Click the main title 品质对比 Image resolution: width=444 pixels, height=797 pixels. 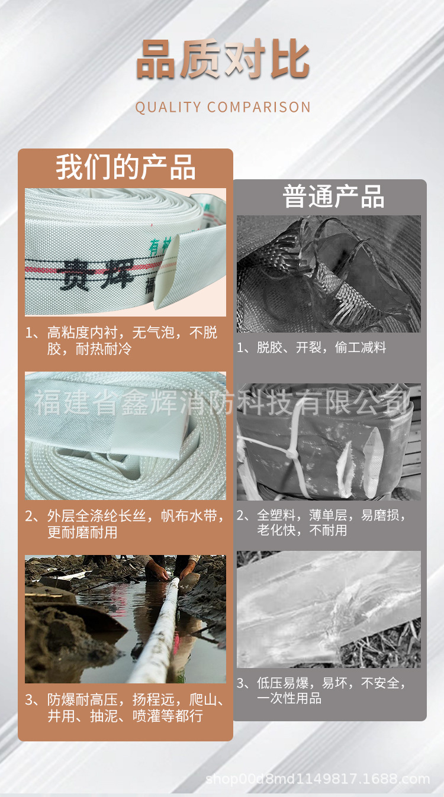pos(223,60)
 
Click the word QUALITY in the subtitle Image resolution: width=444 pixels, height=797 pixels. pos(168,107)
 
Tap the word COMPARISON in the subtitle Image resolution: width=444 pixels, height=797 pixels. pos(259,107)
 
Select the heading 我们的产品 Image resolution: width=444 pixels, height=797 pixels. pos(126,167)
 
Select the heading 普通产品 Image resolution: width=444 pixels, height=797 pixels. pos(333,196)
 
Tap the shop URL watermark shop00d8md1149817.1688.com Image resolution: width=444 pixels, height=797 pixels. pos(317,779)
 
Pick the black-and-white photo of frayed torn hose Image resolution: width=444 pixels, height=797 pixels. pos(329,273)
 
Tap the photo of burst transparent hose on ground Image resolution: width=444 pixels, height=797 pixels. pos(329,609)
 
